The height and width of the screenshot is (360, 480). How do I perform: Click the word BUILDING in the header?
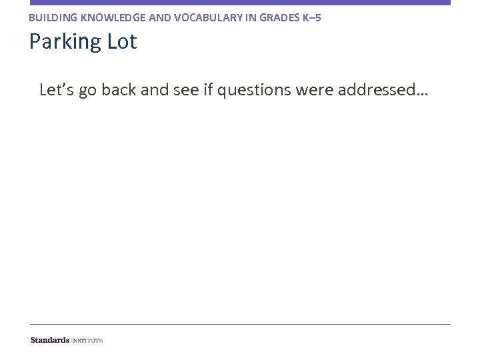pyautogui.click(x=51, y=17)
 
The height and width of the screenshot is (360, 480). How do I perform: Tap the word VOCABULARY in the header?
pyautogui.click(x=195, y=17)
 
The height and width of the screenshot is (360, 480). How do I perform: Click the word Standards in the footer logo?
pyautogui.click(x=49, y=340)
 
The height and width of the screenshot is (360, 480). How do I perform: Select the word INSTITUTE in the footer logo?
pyautogui.click(x=87, y=340)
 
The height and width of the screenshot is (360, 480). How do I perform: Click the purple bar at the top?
pyautogui.click(x=240, y=3)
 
